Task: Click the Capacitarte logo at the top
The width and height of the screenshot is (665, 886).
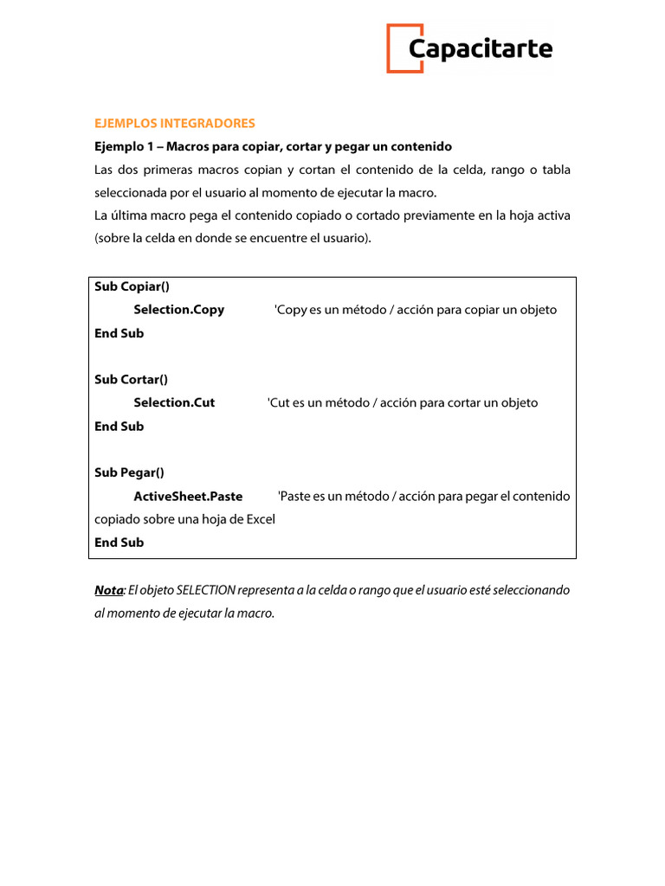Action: [x=468, y=48]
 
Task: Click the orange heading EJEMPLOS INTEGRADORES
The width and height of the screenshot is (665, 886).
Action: [x=175, y=123]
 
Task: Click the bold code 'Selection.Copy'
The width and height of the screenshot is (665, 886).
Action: [x=178, y=310]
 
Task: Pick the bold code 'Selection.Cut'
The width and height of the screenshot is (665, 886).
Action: [x=174, y=402]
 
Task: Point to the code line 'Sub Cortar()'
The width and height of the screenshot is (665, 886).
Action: [x=131, y=379]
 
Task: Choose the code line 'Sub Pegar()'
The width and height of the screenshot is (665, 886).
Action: [x=129, y=472]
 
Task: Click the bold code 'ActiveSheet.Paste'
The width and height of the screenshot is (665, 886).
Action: [x=188, y=497]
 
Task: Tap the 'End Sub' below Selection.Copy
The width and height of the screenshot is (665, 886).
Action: [x=119, y=333]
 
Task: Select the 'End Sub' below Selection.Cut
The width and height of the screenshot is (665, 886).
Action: [x=119, y=426]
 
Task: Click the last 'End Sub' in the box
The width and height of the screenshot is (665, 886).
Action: [x=119, y=543]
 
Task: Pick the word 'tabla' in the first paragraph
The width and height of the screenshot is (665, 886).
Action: [x=556, y=170]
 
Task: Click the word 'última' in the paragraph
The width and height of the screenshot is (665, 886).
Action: [x=129, y=215]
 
